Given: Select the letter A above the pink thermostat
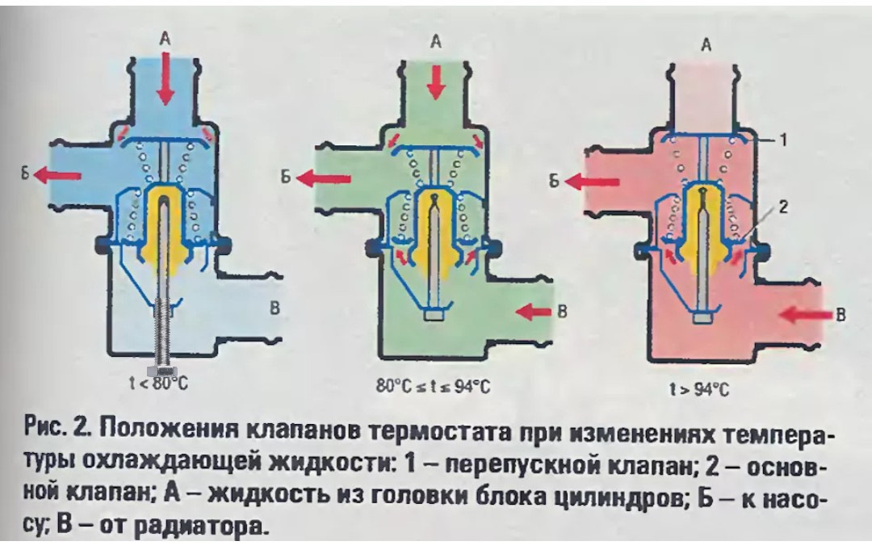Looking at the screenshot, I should pyautogui.click(x=706, y=47).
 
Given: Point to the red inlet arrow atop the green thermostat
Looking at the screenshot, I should pyautogui.click(x=436, y=84).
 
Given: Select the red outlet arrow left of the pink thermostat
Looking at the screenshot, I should pyautogui.click(x=586, y=183).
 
